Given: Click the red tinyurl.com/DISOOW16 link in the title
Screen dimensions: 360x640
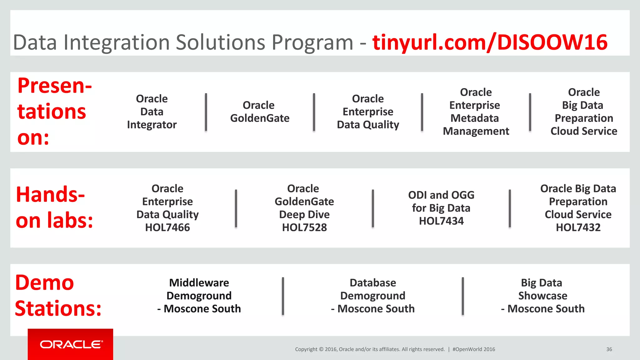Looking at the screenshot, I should tap(490, 42).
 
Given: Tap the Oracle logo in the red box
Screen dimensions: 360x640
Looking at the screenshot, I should tap(71, 344).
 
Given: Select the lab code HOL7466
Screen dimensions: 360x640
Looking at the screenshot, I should tap(167, 227).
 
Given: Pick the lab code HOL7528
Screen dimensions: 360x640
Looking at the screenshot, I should tap(304, 227).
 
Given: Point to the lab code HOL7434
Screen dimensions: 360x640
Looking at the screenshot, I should tap(441, 221).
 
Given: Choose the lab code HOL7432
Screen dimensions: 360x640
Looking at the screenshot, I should tap(578, 227).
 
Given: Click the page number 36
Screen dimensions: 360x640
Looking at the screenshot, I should tap(609, 349).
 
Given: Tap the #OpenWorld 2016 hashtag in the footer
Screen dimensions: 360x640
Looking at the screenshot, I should tap(474, 349).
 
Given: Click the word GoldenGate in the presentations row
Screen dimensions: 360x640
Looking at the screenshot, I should tap(260, 118).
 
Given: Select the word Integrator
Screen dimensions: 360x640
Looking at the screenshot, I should tap(152, 125).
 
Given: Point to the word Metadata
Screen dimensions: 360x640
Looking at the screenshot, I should tap(475, 118).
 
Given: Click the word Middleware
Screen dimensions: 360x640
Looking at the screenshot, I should tap(199, 283).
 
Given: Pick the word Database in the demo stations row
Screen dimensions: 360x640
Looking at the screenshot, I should tap(373, 283).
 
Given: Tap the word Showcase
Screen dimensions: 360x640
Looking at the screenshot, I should tap(543, 296).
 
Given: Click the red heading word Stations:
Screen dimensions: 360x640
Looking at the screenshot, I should tap(58, 309).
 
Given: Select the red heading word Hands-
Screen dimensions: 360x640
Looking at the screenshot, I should tap(51, 195).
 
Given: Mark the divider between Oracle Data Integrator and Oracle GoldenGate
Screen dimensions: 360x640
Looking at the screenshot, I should tap(206, 112).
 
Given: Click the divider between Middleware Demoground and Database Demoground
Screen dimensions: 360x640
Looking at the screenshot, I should tap(283, 296).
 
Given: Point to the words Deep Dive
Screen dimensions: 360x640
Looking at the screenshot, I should tap(304, 215).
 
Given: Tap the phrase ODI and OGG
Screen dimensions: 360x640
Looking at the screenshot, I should tap(441, 195).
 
